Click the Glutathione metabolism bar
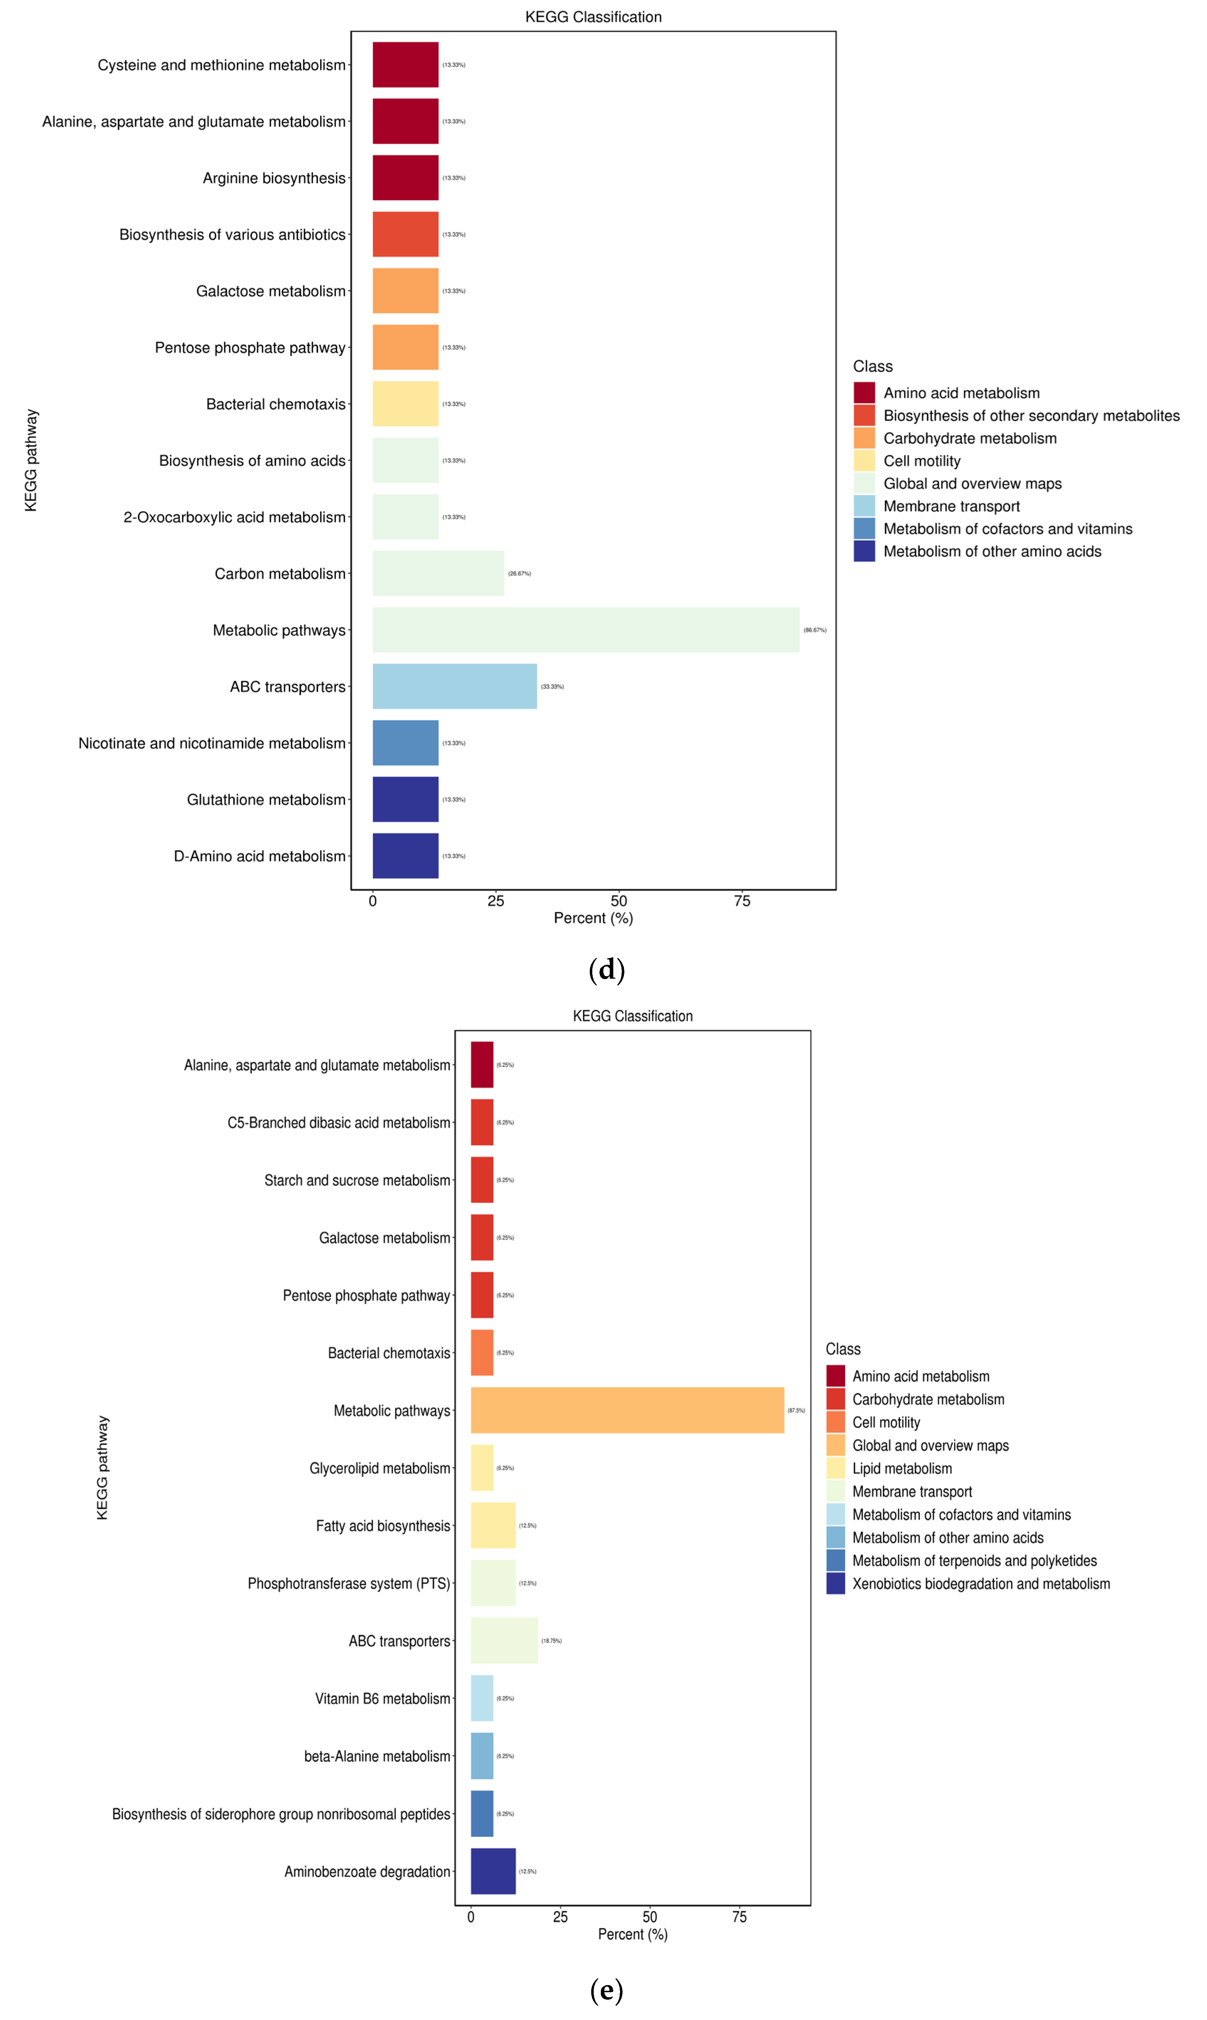[405, 800]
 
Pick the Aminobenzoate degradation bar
[493, 1871]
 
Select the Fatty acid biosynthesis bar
[493, 1526]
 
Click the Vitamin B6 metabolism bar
[482, 1699]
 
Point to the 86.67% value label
[814, 630]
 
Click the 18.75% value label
[551, 1641]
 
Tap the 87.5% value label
[795, 1411]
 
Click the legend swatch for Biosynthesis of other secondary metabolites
[864, 416]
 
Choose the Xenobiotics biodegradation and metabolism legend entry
[980, 1584]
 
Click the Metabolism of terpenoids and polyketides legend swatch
[835, 1561]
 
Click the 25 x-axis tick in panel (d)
[495, 901]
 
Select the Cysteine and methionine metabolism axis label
[221, 65]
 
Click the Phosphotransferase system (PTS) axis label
[348, 1583]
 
